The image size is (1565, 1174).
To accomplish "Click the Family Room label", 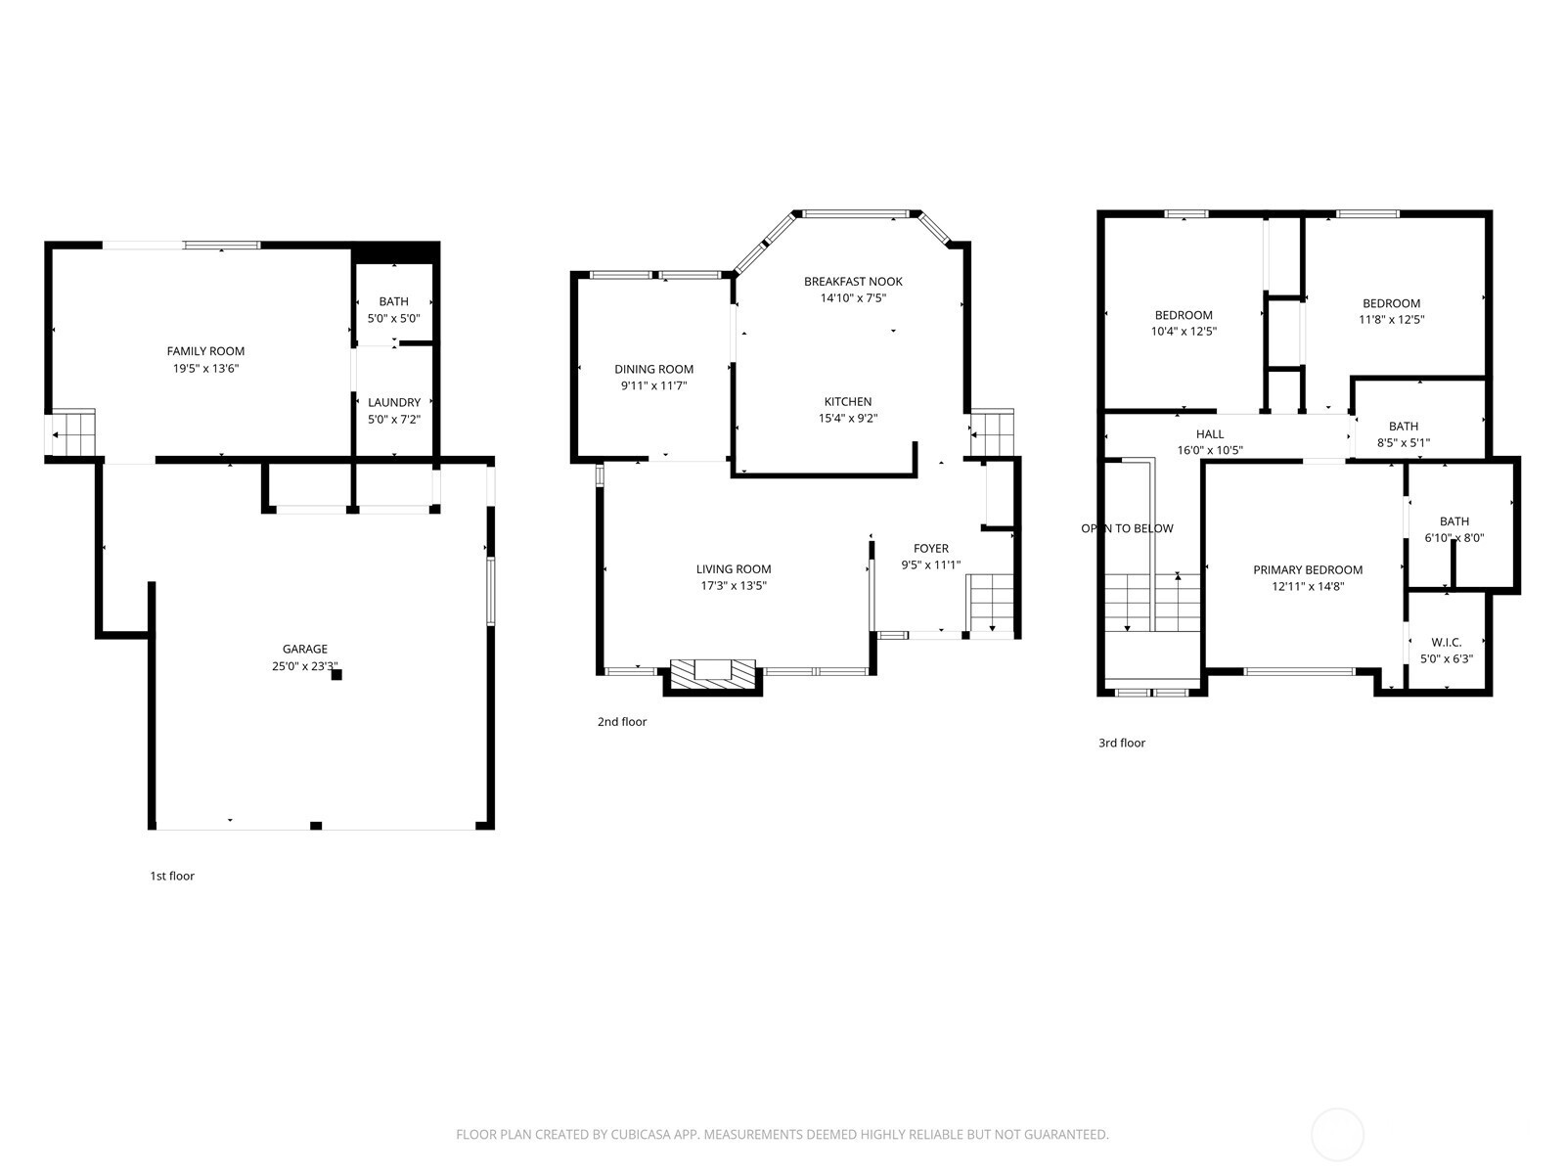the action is click(x=205, y=350).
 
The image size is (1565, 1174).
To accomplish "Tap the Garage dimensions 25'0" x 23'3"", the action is click(x=305, y=666).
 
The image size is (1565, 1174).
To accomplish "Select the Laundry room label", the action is click(x=394, y=402).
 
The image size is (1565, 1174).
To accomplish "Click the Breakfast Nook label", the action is click(x=854, y=282).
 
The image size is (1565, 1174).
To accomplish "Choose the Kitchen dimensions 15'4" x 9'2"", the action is click(x=848, y=419).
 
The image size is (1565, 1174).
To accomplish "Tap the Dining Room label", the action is click(x=653, y=369).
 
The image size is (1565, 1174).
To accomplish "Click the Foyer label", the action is click(x=931, y=548).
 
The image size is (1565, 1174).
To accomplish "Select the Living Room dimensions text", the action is click(x=734, y=586).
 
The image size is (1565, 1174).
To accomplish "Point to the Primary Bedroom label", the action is click(x=1308, y=569).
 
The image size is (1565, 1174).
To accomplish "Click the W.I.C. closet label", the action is click(x=1447, y=642).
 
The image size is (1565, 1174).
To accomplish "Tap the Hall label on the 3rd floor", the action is click(x=1210, y=434).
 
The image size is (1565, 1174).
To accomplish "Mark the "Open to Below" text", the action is click(x=1127, y=528).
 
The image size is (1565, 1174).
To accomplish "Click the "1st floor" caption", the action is click(x=172, y=876).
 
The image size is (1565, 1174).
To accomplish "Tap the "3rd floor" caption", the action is click(x=1122, y=743).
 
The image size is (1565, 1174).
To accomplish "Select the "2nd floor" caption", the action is click(x=622, y=721).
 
